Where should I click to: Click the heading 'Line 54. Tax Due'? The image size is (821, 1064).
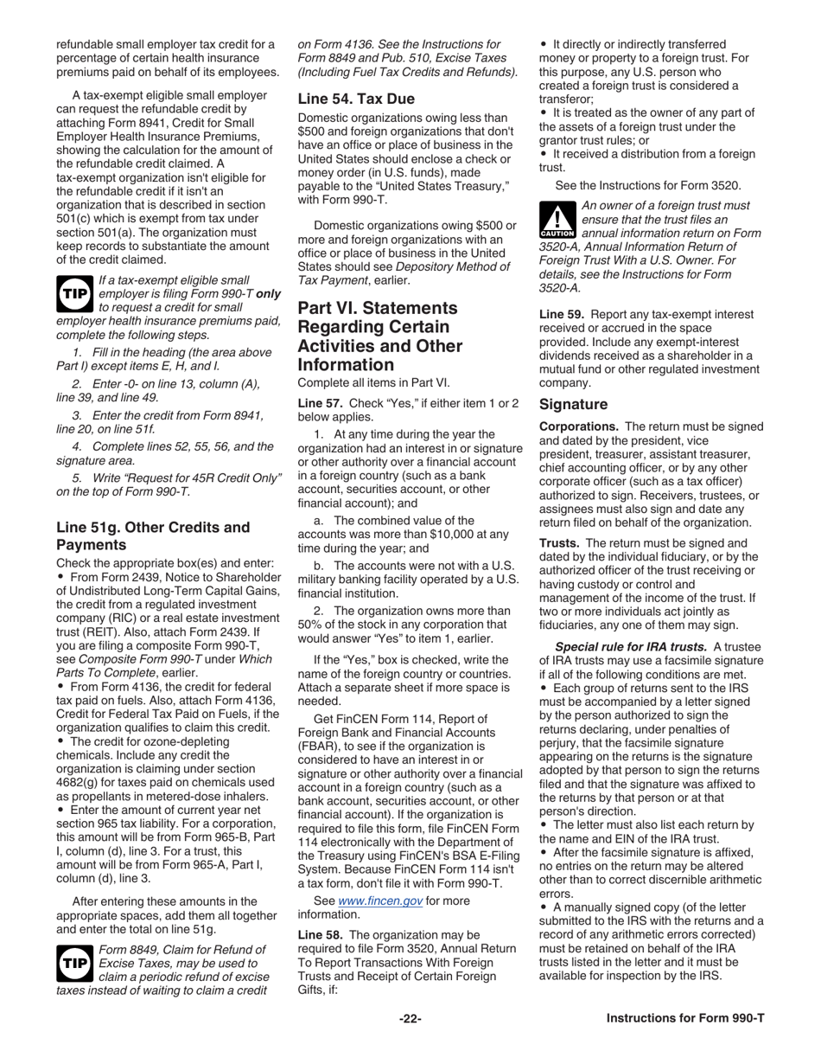tap(356, 99)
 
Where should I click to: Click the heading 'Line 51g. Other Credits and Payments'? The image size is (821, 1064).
tap(153, 535)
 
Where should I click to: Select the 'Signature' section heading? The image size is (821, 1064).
tap(575, 404)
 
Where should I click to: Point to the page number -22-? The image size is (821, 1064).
tap(410, 1018)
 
